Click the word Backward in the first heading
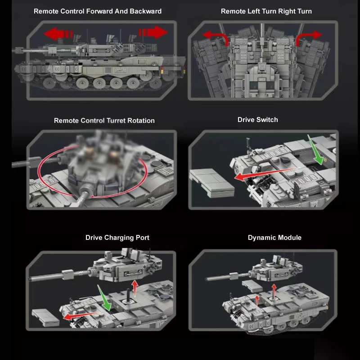coord(145,11)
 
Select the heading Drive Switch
coord(257,120)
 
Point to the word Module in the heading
coord(289,238)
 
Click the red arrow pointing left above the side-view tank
coord(58,34)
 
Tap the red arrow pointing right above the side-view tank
coord(153,32)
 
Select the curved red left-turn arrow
coord(216,37)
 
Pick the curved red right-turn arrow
coord(308,37)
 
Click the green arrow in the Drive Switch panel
coord(316,150)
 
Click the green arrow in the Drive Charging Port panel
coord(104,298)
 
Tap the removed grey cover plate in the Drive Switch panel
coord(211,183)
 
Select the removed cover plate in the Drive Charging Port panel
coord(45,318)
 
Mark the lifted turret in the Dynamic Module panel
coord(254,270)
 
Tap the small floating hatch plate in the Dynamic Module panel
coord(252,286)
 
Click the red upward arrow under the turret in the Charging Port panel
coord(135,288)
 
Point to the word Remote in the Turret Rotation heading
coord(66,121)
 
